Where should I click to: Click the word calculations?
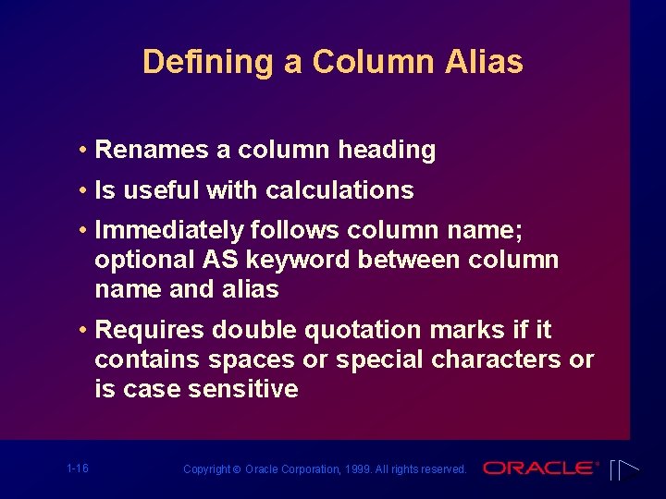point(339,190)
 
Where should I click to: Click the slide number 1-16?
point(78,469)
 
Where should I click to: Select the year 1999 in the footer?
point(361,469)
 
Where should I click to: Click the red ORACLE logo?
point(539,468)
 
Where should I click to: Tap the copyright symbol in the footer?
point(239,469)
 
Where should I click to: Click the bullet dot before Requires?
point(83,330)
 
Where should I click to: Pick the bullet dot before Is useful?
point(83,190)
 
